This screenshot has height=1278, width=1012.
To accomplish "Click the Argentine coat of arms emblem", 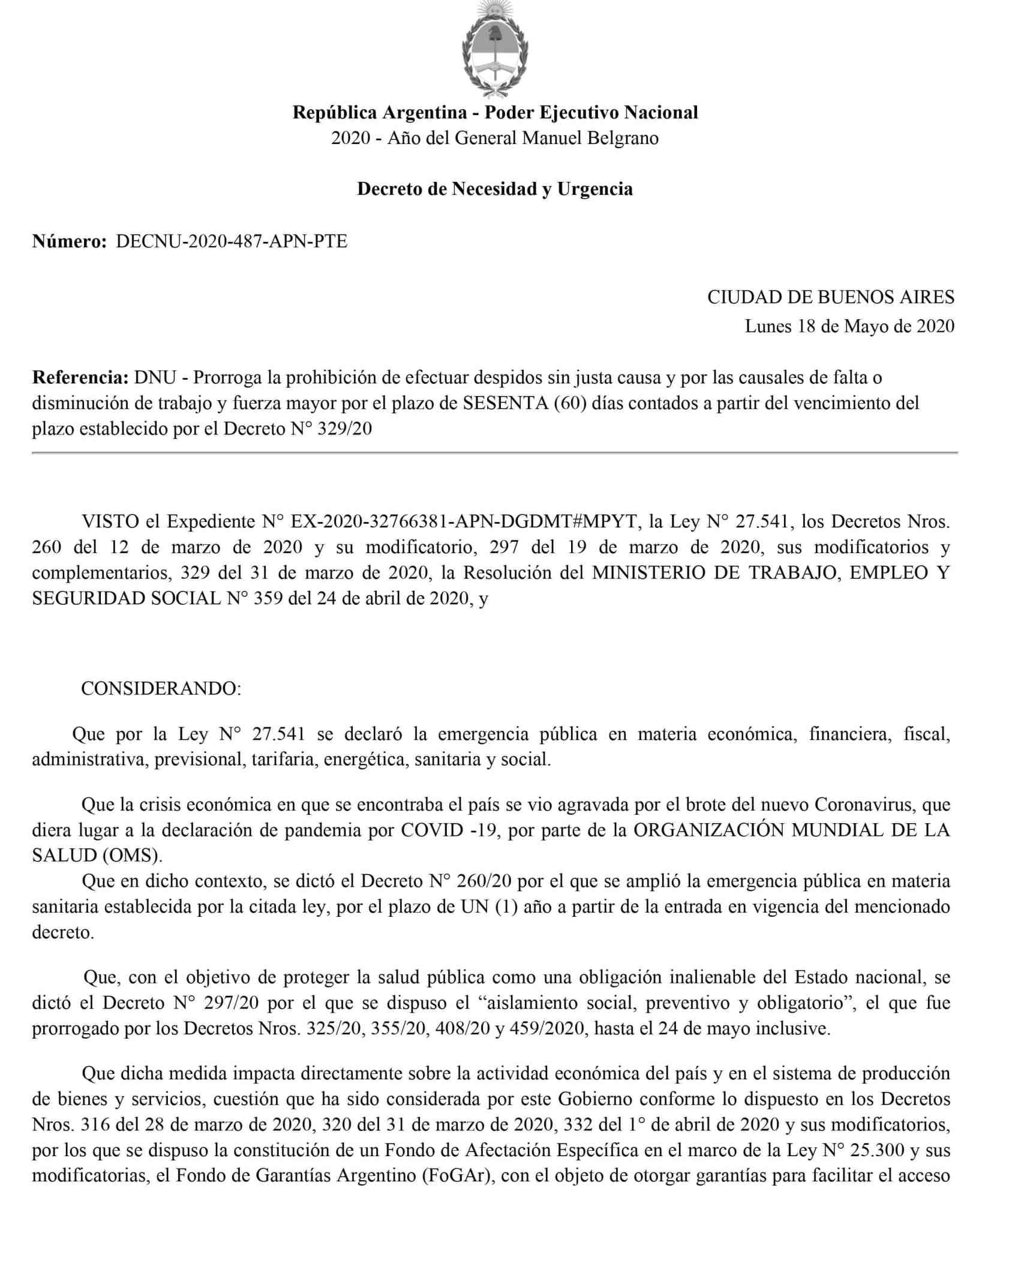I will (x=495, y=50).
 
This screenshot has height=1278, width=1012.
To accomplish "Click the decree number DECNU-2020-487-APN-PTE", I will (x=232, y=241).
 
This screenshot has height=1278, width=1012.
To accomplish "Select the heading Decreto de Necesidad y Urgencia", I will (x=495, y=189).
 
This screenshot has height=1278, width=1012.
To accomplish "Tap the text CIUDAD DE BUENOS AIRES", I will (x=831, y=297).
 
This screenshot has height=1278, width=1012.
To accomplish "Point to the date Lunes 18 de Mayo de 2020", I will (x=849, y=326).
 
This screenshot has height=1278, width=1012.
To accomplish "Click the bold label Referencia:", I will (x=80, y=377).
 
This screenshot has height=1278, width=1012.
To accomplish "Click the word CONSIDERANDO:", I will (x=161, y=688).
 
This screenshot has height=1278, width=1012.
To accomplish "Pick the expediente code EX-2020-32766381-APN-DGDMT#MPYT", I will (x=464, y=521).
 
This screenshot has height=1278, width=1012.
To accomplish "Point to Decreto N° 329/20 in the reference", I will (x=298, y=429).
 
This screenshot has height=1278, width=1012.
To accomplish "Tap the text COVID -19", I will (x=449, y=830).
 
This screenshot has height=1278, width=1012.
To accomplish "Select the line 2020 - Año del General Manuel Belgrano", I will (x=495, y=138).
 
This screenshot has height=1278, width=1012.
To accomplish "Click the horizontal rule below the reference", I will (x=495, y=453).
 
